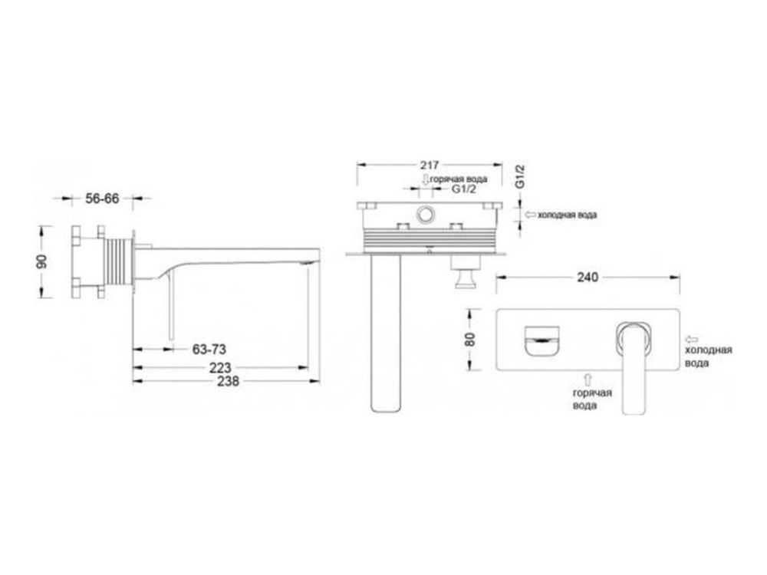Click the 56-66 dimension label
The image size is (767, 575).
[102, 199]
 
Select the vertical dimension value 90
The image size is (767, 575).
[42, 261]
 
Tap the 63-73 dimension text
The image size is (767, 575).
[209, 350]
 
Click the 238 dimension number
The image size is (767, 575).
[229, 381]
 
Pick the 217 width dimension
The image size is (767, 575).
[430, 166]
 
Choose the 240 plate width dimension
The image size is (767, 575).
[588, 278]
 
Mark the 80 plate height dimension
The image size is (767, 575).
[469, 340]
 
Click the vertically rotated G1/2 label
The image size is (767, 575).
[520, 176]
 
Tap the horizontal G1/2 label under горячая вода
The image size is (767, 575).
[463, 189]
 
